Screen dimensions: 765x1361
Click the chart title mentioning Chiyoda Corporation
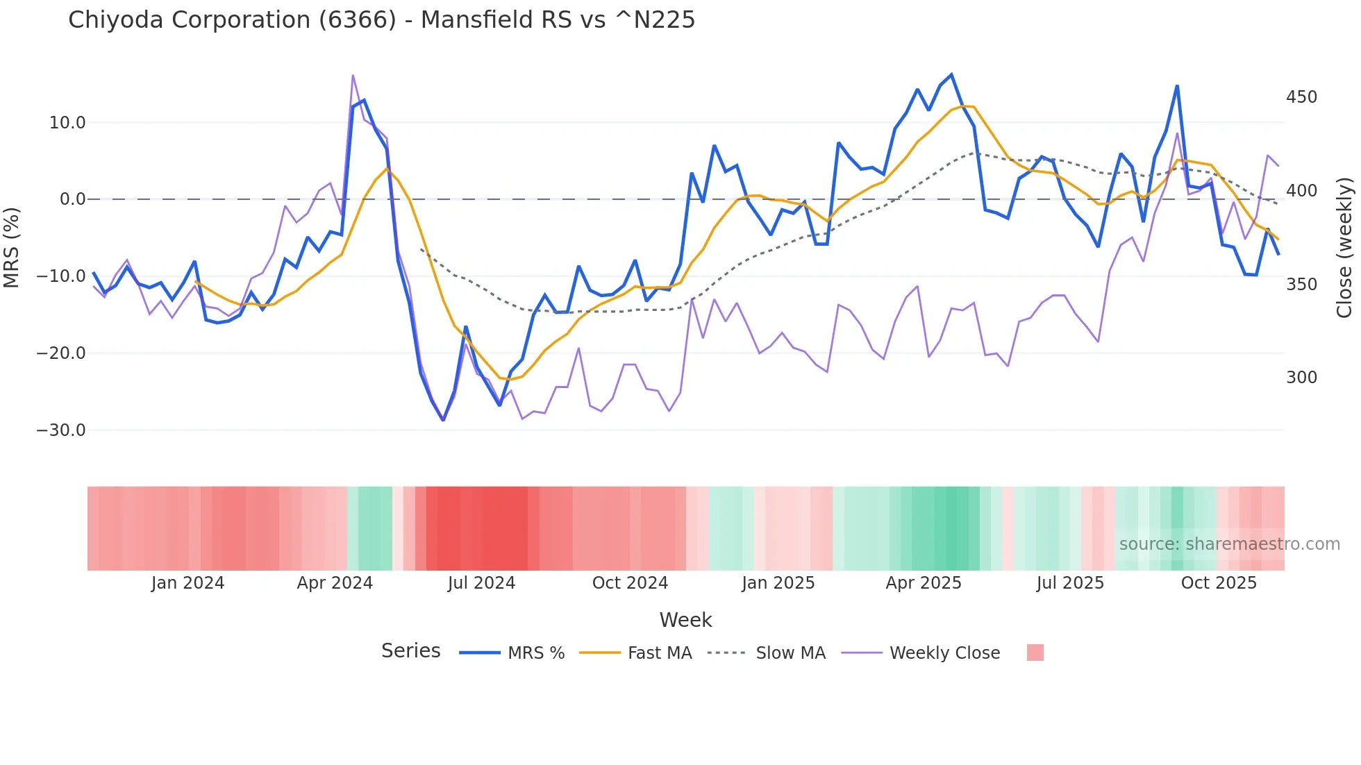pyautogui.click(x=381, y=20)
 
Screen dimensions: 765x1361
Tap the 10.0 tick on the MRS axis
pyautogui.click(x=67, y=123)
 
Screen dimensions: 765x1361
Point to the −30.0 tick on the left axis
pyautogui.click(x=61, y=430)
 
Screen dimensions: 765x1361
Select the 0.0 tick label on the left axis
pyautogui.click(x=72, y=200)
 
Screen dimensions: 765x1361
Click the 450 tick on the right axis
pyautogui.click(x=1301, y=97)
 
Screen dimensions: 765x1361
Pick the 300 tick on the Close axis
pyautogui.click(x=1301, y=378)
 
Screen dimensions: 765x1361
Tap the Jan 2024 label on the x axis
pyautogui.click(x=187, y=583)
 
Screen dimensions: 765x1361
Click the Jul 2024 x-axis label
pyautogui.click(x=481, y=583)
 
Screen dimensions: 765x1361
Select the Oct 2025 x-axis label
pyautogui.click(x=1219, y=583)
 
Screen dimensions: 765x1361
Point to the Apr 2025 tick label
pyautogui.click(x=924, y=583)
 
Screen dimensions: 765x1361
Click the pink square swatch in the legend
pyautogui.click(x=1035, y=653)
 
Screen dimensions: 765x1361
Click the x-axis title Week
pyautogui.click(x=685, y=620)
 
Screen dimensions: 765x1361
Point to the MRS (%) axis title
pyautogui.click(x=12, y=247)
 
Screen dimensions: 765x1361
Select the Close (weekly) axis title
pyautogui.click(x=1344, y=247)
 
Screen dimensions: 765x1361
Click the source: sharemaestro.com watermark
pyautogui.click(x=1229, y=544)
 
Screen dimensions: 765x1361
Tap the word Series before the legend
pyautogui.click(x=410, y=651)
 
